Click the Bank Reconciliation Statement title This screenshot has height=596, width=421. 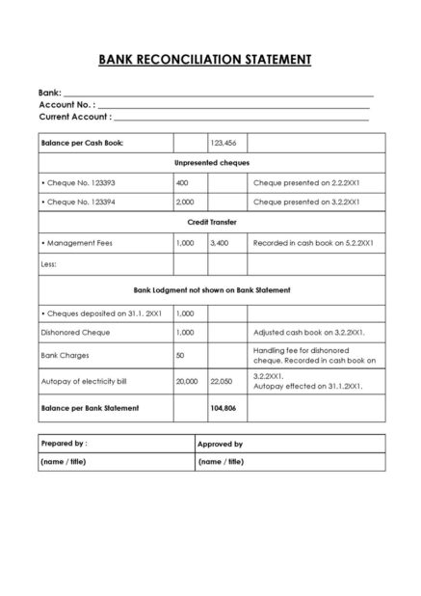[204, 60]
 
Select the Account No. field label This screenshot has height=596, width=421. [66, 104]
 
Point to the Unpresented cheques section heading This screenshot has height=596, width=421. [211, 163]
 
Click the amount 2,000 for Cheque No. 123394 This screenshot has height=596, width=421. [185, 203]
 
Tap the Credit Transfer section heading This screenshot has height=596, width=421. [211, 222]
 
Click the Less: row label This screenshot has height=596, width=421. [49, 263]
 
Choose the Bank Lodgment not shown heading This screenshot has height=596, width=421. [211, 289]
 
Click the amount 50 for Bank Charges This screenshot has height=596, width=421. [180, 356]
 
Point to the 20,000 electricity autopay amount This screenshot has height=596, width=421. [187, 382]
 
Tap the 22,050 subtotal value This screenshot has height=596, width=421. [222, 382]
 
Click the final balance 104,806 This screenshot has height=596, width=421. [223, 408]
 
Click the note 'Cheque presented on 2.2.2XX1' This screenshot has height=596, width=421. [306, 182]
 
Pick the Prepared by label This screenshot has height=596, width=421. [64, 444]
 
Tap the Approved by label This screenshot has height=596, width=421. [220, 445]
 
